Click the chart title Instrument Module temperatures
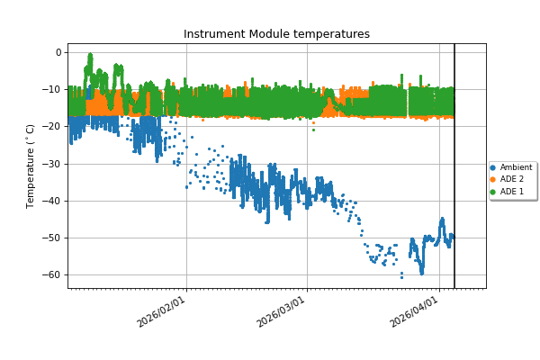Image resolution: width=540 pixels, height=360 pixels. [276, 34]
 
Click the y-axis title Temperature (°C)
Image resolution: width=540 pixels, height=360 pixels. [31, 166]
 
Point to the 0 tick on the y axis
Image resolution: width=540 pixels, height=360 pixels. [58, 52]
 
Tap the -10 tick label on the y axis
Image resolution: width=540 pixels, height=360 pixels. [53, 90]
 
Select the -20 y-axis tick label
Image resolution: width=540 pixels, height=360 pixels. [53, 127]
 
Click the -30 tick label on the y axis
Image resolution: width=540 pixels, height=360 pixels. [53, 164]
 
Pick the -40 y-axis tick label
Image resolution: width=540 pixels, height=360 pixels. [53, 201]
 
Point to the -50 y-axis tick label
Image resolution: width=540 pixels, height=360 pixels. [53, 238]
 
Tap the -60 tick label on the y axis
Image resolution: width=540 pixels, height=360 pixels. [53, 274]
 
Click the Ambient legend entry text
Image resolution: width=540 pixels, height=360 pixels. [517, 167]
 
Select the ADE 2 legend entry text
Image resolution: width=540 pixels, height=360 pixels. [512, 179]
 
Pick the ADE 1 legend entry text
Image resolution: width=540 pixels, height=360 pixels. [512, 192]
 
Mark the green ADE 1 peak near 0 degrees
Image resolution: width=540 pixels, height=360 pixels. [89, 58]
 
